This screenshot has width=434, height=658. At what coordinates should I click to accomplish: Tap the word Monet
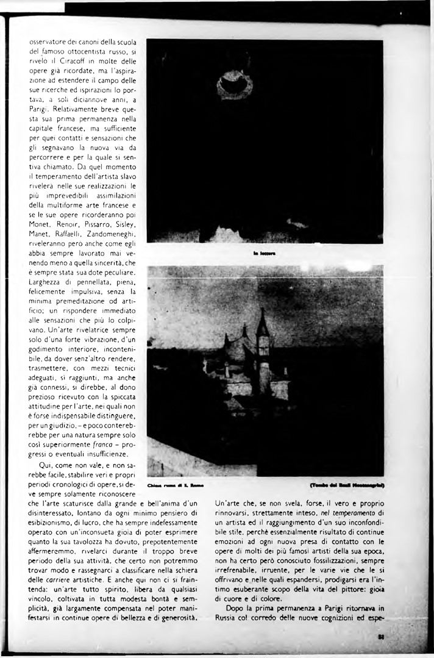(x=42, y=224)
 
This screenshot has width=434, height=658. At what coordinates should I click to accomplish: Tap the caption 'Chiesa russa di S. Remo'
(x=175, y=485)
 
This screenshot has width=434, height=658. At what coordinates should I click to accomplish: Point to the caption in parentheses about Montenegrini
(x=346, y=485)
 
